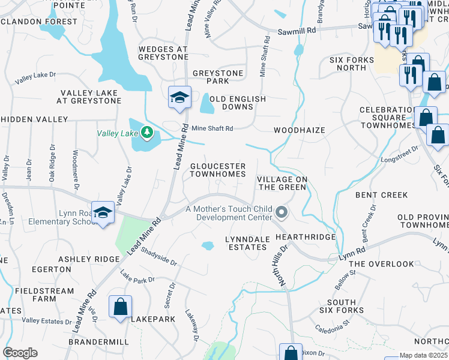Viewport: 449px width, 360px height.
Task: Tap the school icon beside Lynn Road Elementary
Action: click(x=104, y=213)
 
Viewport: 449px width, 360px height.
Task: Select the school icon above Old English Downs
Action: click(x=179, y=97)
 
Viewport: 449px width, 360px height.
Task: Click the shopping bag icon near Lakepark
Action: click(x=120, y=307)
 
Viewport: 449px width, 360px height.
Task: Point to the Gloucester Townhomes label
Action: click(x=218, y=170)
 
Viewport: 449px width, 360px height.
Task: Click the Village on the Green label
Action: click(x=282, y=183)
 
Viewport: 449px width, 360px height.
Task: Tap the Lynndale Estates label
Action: click(x=247, y=243)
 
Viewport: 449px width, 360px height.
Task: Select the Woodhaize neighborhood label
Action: click(x=299, y=130)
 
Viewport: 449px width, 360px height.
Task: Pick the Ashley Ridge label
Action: click(x=89, y=259)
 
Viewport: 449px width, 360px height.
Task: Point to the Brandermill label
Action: click(x=98, y=341)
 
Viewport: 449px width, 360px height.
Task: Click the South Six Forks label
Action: click(x=346, y=306)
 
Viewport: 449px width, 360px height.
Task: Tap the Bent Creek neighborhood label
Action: click(x=381, y=195)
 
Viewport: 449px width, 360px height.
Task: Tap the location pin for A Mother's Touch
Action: click(x=280, y=213)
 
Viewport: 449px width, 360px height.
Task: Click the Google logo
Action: click(x=20, y=353)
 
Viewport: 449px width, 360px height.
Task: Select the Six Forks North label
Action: click(x=351, y=64)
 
